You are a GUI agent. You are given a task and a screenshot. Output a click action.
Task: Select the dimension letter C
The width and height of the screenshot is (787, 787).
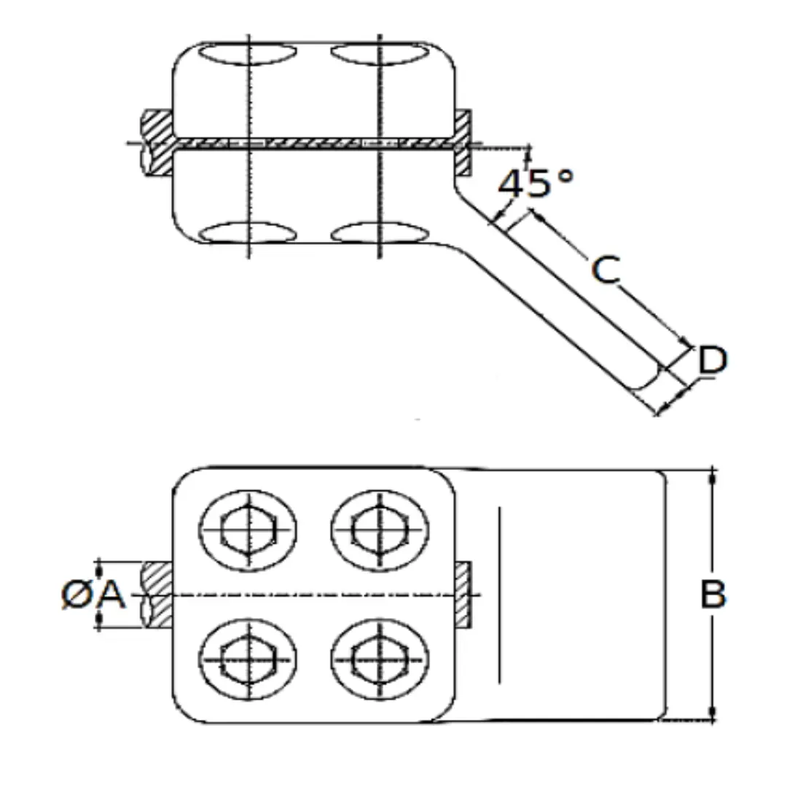[606, 270]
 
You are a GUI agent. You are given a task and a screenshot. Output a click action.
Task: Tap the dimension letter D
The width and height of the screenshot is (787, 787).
[712, 361]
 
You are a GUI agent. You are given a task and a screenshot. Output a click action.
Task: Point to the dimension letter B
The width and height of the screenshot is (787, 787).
[713, 595]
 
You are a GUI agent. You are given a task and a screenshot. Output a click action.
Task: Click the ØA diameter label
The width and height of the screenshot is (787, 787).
[93, 595]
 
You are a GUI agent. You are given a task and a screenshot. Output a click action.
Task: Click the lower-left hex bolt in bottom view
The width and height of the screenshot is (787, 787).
[248, 659]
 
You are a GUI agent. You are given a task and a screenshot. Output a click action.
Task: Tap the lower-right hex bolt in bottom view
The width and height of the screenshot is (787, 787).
[379, 659]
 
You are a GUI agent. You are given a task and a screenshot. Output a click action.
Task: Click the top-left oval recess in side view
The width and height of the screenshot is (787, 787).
[248, 54]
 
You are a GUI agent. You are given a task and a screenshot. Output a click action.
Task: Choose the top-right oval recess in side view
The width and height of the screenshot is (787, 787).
[379, 54]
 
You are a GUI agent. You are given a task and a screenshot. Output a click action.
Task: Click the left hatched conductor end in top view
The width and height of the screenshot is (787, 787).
[156, 144]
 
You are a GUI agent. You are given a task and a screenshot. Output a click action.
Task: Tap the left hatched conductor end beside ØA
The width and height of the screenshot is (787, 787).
[156, 595]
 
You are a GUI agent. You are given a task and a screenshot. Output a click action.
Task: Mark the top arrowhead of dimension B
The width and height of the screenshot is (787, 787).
[712, 475]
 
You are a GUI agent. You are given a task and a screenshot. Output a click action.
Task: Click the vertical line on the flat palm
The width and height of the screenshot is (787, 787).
[499, 595]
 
